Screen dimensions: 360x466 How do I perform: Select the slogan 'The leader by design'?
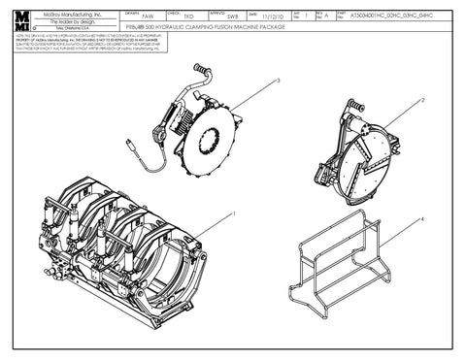tap(79, 22)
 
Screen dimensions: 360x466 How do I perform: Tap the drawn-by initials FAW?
tap(147, 17)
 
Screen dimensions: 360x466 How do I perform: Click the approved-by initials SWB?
tap(231, 17)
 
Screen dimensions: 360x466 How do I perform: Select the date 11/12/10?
tap(271, 17)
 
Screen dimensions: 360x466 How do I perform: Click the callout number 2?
tap(422, 100)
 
